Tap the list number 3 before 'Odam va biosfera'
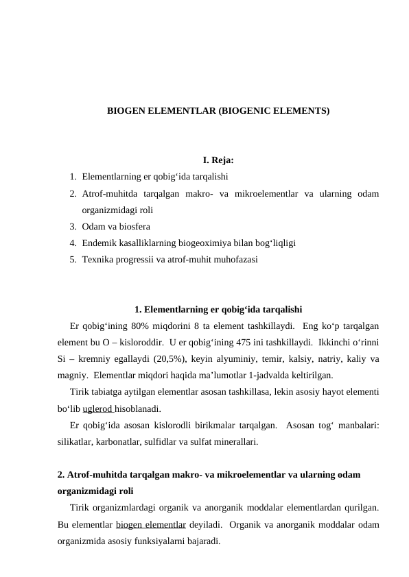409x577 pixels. pos(72,226)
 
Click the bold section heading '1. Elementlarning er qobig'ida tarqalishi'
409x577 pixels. pos(219,308)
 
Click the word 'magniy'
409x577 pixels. pos(71,375)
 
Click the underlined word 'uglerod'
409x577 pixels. pos(97,408)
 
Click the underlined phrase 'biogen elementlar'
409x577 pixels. pos(150,525)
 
